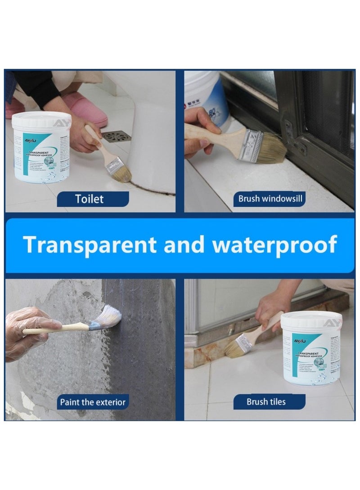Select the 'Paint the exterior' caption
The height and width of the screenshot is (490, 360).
point(93,401)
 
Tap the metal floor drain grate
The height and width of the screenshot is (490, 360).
point(112,135)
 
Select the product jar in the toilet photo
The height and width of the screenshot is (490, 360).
point(41,148)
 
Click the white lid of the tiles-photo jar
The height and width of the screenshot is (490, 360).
point(310,319)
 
